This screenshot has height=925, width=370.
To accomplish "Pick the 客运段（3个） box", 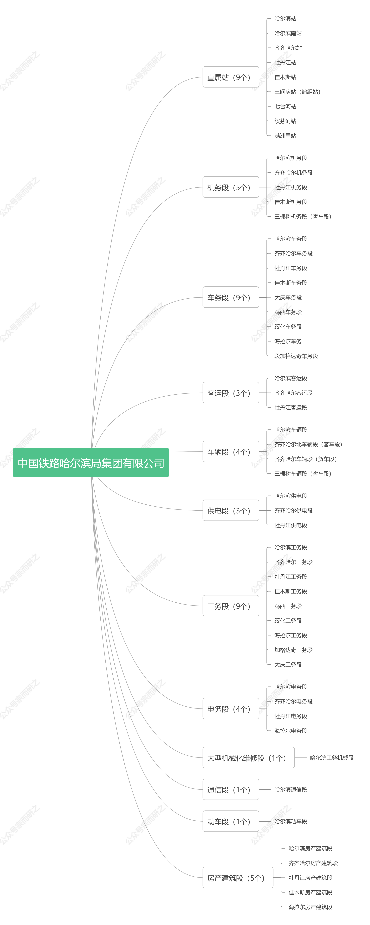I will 231,393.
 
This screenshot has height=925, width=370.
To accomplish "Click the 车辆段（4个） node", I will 231,452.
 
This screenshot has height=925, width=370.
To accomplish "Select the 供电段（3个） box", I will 231,510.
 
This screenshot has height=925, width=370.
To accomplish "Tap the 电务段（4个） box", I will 231,709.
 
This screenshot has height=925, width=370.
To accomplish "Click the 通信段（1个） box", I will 231,790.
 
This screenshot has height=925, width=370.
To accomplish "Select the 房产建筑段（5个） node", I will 238,878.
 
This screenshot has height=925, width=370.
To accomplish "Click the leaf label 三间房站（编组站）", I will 297,92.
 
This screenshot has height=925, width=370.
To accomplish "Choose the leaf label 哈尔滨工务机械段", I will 332,758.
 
